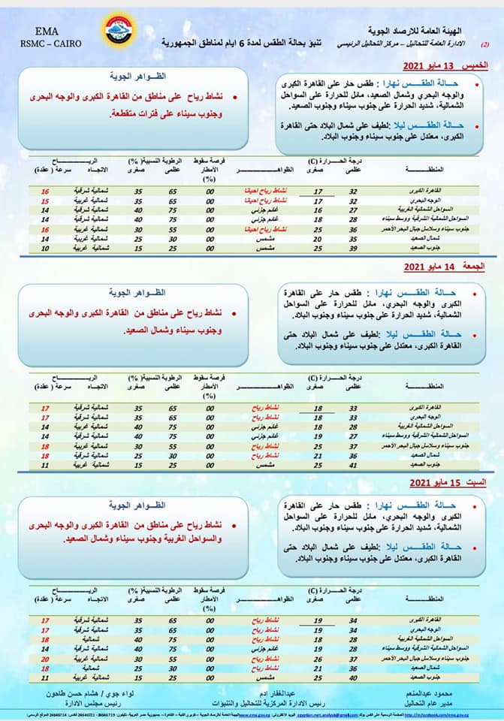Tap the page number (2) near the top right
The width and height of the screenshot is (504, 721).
(x=484, y=45)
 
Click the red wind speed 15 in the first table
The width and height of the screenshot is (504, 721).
(x=45, y=201)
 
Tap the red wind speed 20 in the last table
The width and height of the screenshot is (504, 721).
(x=45, y=657)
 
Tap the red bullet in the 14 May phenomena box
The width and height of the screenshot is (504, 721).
(x=234, y=310)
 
